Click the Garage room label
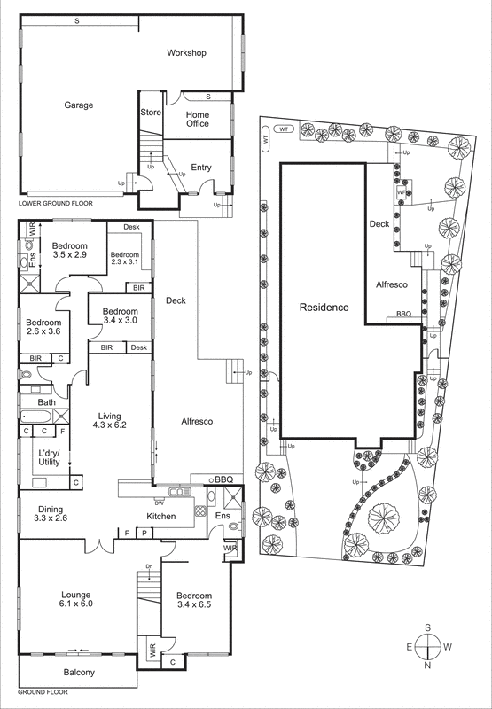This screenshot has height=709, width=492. [x=78, y=105]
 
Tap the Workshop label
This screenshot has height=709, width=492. [x=186, y=53]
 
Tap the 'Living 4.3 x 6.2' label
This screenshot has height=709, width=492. [x=109, y=419]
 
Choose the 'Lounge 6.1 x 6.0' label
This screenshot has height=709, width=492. [x=76, y=598]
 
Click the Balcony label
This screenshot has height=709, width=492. [x=77, y=673]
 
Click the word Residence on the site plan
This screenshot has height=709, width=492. [x=324, y=308]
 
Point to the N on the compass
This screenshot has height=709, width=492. [x=428, y=666]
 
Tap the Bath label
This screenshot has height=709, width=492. [x=46, y=402]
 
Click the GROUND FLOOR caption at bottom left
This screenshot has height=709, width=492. [x=44, y=691]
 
